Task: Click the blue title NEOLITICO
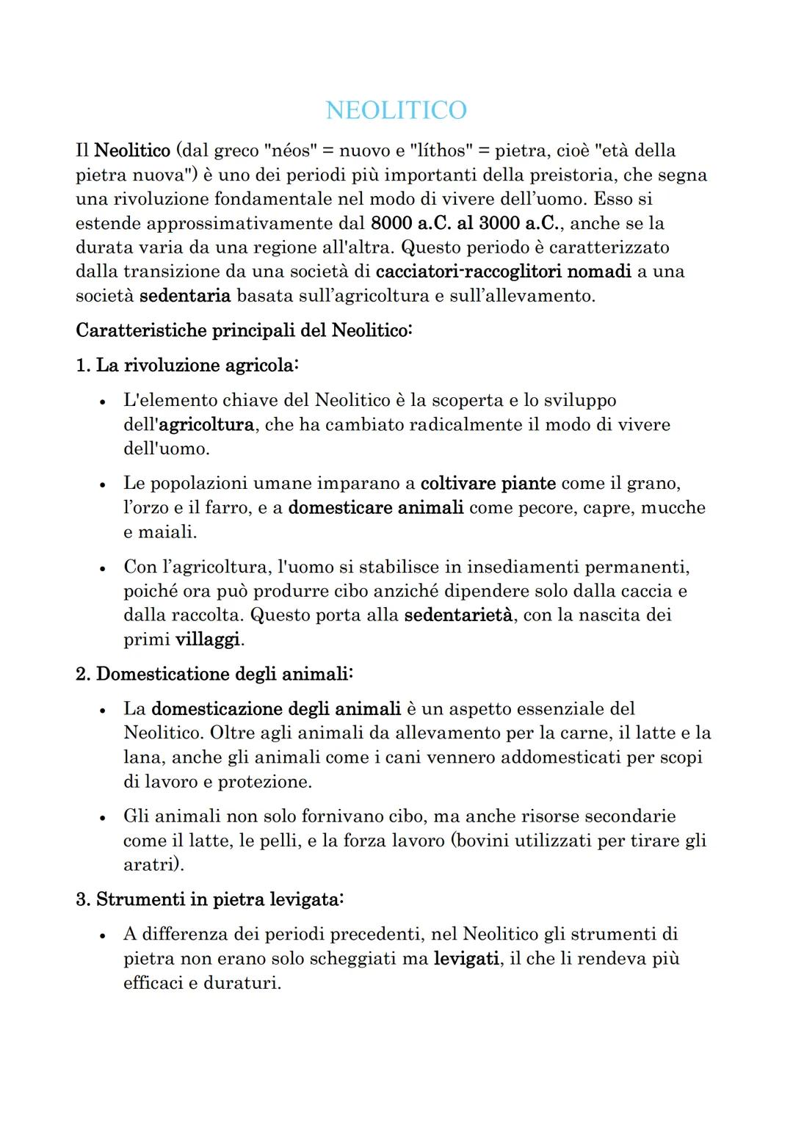click(x=396, y=110)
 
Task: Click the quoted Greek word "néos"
click(x=289, y=150)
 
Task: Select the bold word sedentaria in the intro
click(x=185, y=296)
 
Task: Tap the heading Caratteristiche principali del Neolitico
click(x=244, y=330)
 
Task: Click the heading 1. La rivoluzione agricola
click(x=187, y=366)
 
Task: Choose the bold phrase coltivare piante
click(x=488, y=483)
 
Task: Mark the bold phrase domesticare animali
click(x=375, y=507)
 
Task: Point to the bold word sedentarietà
click(x=458, y=614)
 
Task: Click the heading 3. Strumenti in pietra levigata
click(x=209, y=899)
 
